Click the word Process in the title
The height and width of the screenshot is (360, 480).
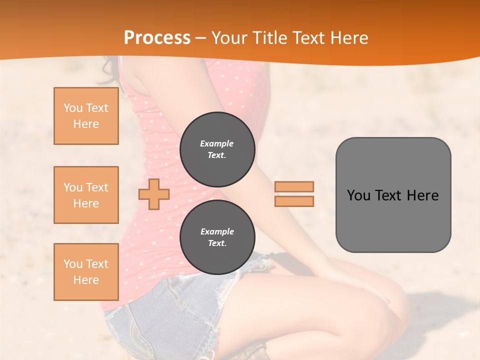click(x=157, y=38)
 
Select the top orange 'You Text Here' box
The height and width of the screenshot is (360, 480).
click(x=86, y=116)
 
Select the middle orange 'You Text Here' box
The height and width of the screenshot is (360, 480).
click(x=86, y=195)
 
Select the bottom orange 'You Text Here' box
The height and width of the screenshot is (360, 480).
click(x=86, y=271)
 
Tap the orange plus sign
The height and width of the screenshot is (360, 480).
click(x=154, y=194)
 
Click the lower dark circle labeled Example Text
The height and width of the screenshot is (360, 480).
click(x=217, y=237)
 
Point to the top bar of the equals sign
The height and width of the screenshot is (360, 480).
click(x=294, y=186)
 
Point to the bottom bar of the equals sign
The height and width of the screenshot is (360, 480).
click(x=294, y=201)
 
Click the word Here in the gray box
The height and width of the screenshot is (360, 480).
click(x=422, y=195)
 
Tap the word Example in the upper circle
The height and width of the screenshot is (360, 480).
click(x=216, y=143)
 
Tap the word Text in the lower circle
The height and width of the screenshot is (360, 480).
click(x=216, y=243)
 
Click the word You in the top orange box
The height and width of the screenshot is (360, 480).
click(x=72, y=108)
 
